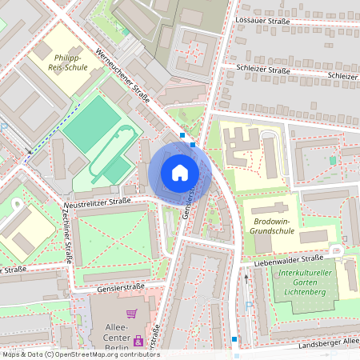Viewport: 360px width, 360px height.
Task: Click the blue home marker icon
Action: (180, 172)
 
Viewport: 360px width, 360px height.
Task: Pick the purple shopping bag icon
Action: (139, 342)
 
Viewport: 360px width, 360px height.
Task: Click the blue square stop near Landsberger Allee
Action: (234, 339)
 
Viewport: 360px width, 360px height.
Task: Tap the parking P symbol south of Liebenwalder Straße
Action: (250, 304)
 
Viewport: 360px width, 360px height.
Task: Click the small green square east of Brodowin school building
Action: (333, 159)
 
